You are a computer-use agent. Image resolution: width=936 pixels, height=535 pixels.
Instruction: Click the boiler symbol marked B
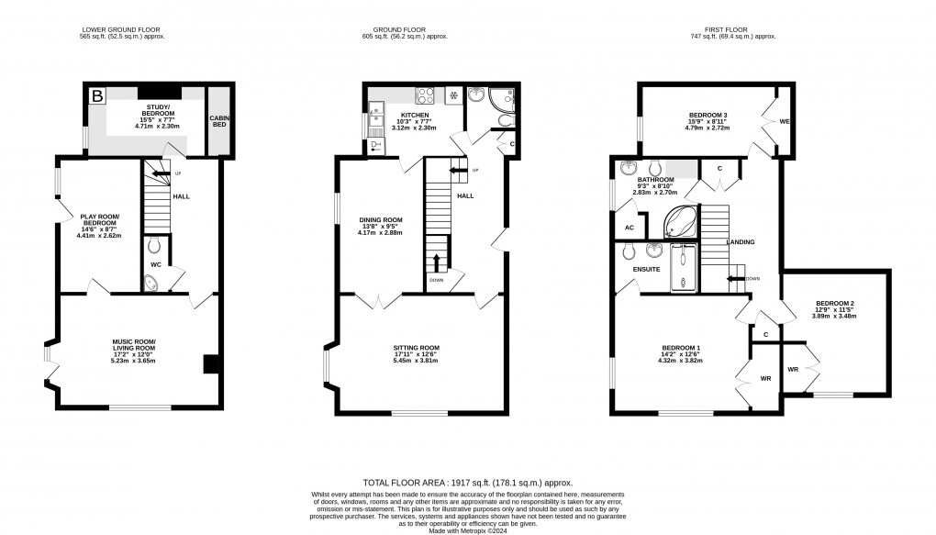click(x=95, y=95)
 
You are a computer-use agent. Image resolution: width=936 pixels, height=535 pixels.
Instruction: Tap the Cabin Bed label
click(x=218, y=120)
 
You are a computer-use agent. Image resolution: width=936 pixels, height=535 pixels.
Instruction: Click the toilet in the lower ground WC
click(x=153, y=245)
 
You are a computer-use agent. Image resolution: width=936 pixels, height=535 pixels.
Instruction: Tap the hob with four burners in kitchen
click(x=426, y=95)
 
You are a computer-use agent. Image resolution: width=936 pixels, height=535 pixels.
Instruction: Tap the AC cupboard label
click(x=629, y=228)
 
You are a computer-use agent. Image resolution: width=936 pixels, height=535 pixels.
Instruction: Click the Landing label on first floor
click(x=741, y=242)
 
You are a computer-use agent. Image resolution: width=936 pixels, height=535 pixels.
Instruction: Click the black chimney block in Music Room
click(x=210, y=364)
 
